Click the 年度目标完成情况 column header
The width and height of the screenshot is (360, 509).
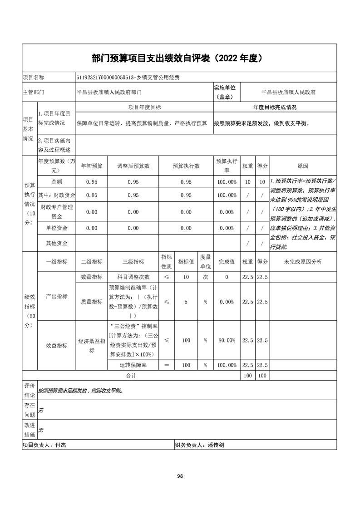pos(275,108)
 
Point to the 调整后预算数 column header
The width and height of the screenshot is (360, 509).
pos(133,166)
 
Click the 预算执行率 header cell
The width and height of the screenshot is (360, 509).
pos(227,166)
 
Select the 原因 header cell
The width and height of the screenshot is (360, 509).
pos(302,166)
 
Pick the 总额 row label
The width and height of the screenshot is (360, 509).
pos(57,182)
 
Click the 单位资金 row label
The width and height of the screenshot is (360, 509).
pos(57,228)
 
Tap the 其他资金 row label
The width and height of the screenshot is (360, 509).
pos(57,244)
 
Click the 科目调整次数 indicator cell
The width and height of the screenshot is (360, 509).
pos(133,277)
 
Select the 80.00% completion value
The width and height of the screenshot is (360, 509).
pos(227,340)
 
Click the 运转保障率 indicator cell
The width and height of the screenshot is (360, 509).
pos(133,365)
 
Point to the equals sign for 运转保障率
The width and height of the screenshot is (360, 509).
pos(167,365)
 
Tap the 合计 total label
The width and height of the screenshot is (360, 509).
pos(131,376)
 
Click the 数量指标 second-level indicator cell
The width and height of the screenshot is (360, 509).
pos(92,277)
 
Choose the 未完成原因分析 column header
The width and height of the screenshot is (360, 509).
pos(302,262)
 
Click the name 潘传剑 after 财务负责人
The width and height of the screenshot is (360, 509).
pos(215,445)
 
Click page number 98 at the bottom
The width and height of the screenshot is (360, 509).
pos(180,476)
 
